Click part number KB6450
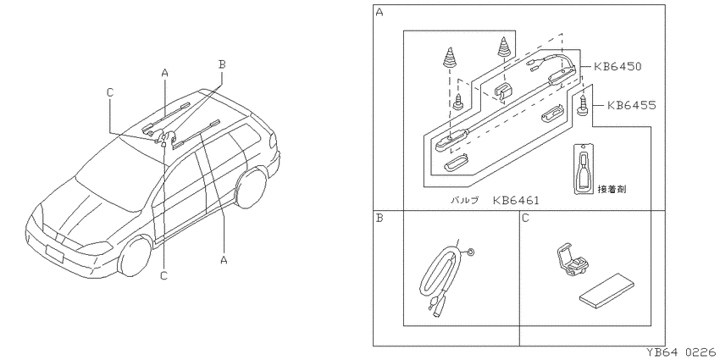click(618, 67)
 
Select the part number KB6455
click(632, 106)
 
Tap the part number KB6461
click(516, 200)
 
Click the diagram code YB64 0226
click(681, 352)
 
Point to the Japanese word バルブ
click(464, 200)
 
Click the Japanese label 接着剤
click(612, 189)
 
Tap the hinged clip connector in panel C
click(573, 261)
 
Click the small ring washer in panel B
click(472, 252)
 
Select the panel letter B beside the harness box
click(379, 218)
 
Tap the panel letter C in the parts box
click(526, 218)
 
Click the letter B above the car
click(222, 64)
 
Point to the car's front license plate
click(54, 253)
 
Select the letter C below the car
click(164, 275)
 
